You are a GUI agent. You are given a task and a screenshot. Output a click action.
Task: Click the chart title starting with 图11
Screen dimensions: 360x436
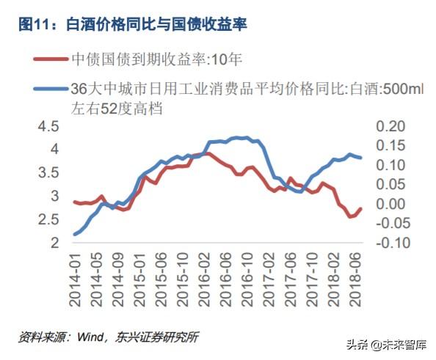132,25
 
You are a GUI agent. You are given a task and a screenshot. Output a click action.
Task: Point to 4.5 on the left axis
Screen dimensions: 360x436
48,126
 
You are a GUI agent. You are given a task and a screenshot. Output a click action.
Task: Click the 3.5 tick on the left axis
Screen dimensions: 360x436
48,173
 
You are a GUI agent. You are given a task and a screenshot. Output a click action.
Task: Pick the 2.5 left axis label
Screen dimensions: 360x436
48,219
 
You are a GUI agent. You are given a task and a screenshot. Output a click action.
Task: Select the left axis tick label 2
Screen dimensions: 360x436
54,243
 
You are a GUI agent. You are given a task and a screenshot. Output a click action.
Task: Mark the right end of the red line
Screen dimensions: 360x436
360,209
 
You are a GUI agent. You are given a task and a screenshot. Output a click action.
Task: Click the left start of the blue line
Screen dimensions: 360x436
75,235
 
